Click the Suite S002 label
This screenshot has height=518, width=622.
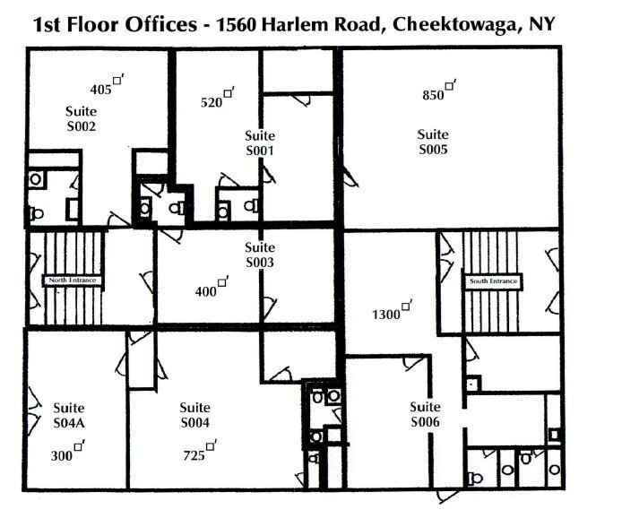[x=81, y=118]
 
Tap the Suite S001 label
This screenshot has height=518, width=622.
[x=260, y=143]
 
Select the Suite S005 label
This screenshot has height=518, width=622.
[x=433, y=142]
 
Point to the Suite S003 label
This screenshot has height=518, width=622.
[x=260, y=255]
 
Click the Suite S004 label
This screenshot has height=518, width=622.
[x=195, y=415]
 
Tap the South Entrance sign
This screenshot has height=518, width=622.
[x=494, y=281]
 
